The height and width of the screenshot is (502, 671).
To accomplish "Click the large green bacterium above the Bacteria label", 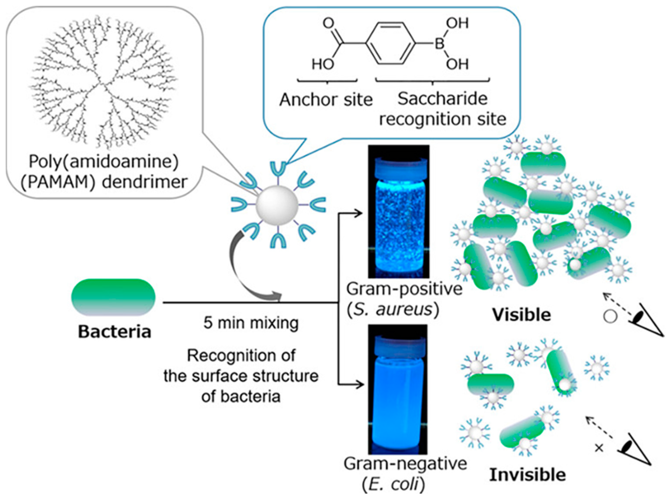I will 113,297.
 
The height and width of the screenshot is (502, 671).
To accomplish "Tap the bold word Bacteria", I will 115,332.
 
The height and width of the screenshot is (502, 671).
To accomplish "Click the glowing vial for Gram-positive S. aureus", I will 399,212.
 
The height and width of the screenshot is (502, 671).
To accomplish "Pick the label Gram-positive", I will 404,289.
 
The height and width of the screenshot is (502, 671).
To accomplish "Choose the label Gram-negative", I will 405,463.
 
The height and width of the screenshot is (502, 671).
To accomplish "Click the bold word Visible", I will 521,315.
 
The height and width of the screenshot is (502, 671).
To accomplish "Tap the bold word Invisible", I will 527,475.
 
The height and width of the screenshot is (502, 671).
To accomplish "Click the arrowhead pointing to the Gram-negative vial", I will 360,385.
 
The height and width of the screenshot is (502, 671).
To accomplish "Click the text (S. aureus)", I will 393,310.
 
